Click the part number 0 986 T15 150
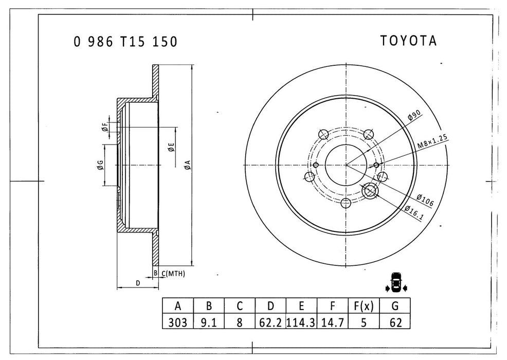125,42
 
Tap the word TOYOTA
408,41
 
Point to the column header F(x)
364,307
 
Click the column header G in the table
394,307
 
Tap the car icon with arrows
395,283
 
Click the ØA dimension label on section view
188,165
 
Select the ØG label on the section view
100,165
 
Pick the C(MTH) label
173,273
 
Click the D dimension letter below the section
137,283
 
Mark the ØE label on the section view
171,148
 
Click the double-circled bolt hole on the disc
370,191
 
